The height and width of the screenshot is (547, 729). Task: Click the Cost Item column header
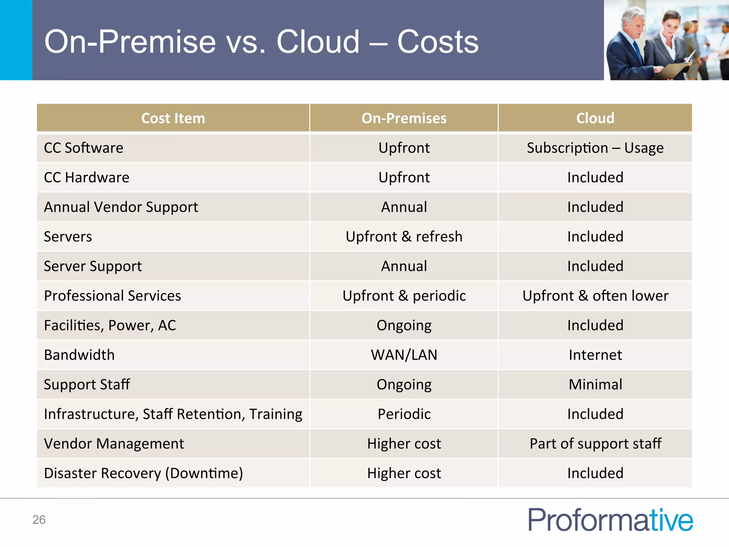click(173, 118)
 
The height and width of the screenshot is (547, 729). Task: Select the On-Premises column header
click(404, 118)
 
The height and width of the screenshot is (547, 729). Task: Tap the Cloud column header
click(595, 118)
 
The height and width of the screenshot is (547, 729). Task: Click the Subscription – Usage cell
click(595, 148)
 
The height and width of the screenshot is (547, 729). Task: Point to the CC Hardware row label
click(86, 177)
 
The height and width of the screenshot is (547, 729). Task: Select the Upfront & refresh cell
click(404, 236)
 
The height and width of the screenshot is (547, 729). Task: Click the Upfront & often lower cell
click(595, 296)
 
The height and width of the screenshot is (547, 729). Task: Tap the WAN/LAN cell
click(404, 355)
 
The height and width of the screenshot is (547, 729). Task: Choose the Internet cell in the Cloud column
click(595, 355)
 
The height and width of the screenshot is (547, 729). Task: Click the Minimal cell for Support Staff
click(595, 384)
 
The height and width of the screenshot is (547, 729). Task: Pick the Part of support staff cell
click(595, 443)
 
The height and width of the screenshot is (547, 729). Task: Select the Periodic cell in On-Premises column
click(404, 414)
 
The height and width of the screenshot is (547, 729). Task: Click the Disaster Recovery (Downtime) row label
click(143, 473)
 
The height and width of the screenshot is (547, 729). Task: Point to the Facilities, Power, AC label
click(110, 325)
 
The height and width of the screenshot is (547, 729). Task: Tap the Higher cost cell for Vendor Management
click(404, 443)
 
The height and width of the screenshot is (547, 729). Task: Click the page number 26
click(39, 520)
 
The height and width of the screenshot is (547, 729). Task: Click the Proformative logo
click(610, 520)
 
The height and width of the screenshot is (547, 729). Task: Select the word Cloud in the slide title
click(318, 42)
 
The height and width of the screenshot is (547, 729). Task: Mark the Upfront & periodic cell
click(404, 296)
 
